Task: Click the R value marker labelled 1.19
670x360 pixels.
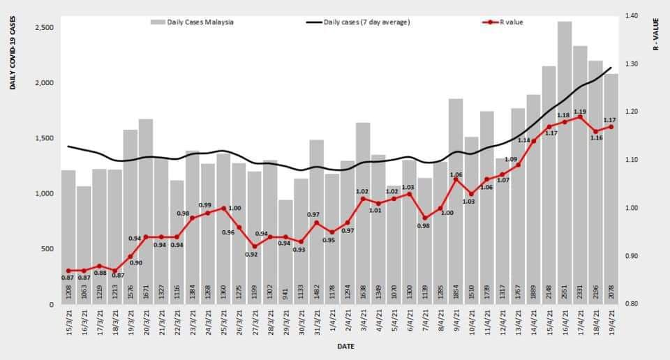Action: tap(580, 117)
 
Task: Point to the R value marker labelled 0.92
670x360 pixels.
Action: tap(255, 246)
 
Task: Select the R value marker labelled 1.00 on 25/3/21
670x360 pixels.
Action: tap(223, 208)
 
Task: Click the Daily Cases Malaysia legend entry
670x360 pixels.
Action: tap(193, 22)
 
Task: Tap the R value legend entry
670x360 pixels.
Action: tap(502, 22)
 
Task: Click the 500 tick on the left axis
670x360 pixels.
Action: tap(47, 249)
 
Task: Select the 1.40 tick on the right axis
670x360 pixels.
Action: tap(632, 15)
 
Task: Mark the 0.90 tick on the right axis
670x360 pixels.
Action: tap(632, 256)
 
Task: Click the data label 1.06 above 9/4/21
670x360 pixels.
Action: tap(456, 174)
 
